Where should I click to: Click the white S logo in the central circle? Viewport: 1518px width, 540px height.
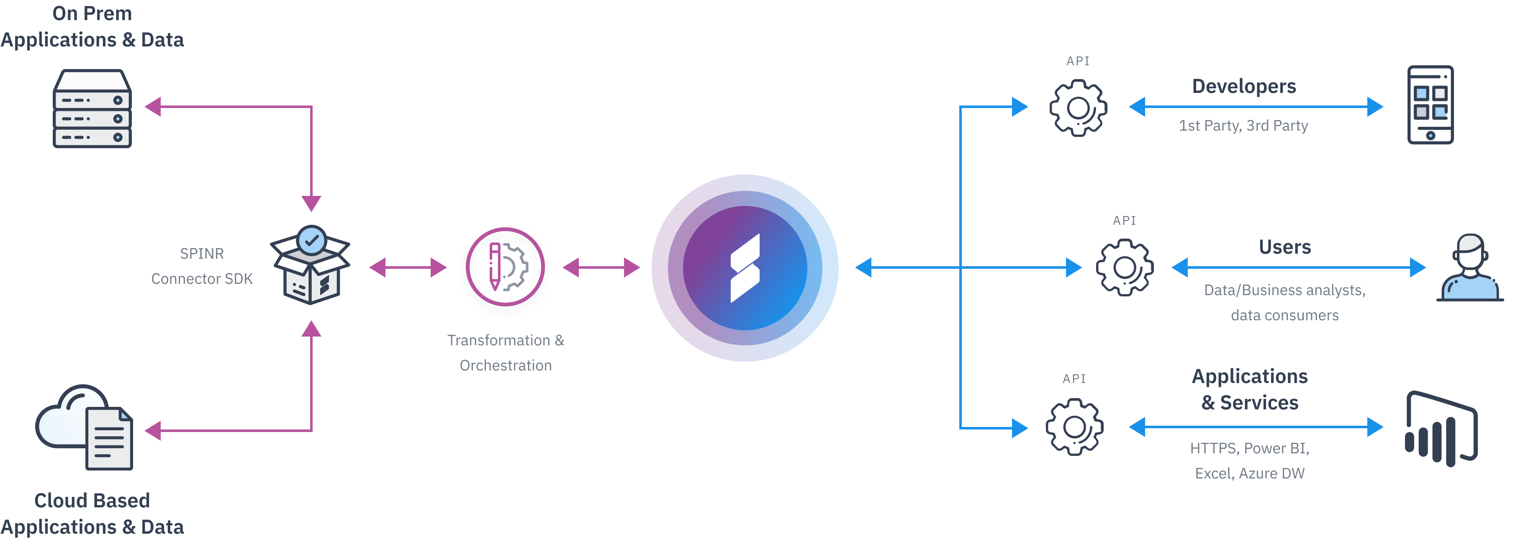click(x=745, y=268)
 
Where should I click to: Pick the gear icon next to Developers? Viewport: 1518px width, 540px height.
click(x=1078, y=108)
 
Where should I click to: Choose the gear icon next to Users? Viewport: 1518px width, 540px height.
click(x=1124, y=267)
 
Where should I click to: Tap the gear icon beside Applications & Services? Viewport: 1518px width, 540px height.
click(x=1074, y=427)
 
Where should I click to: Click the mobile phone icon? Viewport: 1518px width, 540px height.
click(x=1430, y=105)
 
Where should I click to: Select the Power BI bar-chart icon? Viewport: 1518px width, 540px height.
click(x=1441, y=429)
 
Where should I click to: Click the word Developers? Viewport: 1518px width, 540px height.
click(x=1244, y=86)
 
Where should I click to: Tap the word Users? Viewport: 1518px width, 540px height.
click(x=1284, y=247)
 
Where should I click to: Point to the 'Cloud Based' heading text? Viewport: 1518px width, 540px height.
click(x=92, y=501)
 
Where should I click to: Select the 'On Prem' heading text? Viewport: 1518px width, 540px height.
click(x=92, y=13)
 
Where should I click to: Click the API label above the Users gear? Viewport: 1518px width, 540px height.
click(x=1124, y=221)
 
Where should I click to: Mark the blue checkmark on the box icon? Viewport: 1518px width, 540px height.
click(x=311, y=240)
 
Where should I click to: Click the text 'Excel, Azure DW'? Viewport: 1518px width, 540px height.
click(x=1249, y=473)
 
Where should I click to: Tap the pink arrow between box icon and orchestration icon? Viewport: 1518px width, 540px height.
click(x=408, y=267)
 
